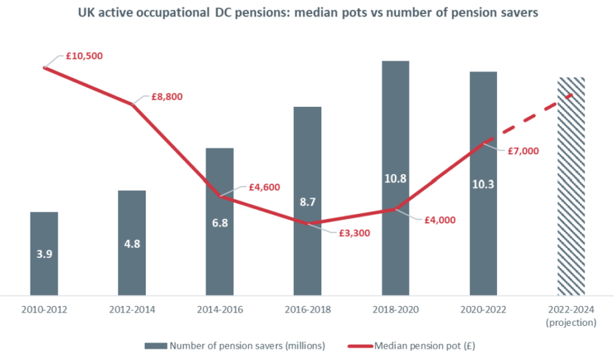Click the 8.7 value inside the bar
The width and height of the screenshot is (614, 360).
pyautogui.click(x=307, y=203)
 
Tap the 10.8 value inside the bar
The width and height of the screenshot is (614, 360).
pyautogui.click(x=395, y=178)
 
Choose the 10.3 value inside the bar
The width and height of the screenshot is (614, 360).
pyautogui.click(x=483, y=184)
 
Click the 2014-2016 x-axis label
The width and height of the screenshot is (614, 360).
pyautogui.click(x=219, y=310)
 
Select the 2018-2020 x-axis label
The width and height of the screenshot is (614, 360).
pyautogui.click(x=395, y=310)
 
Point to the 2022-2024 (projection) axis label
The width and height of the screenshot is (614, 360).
pyautogui.click(x=570, y=316)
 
